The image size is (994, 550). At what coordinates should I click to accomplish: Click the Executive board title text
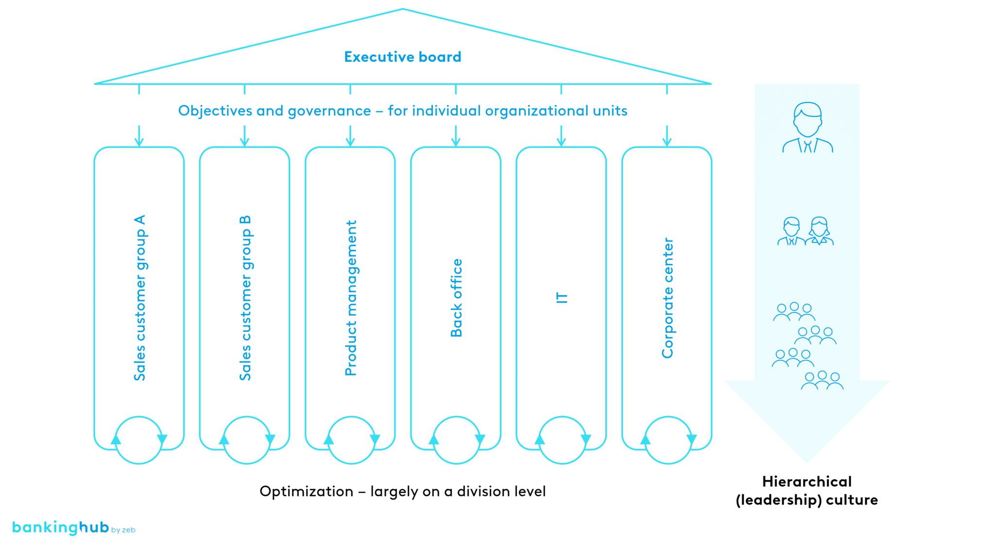tap(402, 57)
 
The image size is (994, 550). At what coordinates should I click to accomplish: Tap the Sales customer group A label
tap(140, 298)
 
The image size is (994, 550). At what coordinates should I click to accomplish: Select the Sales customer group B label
tap(246, 298)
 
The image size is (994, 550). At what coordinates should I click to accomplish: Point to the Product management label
tap(351, 298)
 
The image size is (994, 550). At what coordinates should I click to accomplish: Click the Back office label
tap(456, 298)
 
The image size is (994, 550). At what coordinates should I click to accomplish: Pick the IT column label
tap(562, 298)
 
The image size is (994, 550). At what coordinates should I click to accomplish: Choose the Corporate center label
tap(668, 298)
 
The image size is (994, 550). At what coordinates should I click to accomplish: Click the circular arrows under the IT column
tap(563, 440)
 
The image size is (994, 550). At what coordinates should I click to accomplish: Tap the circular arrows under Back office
tap(456, 440)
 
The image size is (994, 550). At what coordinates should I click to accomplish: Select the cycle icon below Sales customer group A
tap(139, 440)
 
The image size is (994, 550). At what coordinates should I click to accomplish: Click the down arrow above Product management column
tap(350, 136)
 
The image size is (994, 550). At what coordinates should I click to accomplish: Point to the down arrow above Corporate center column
tap(667, 136)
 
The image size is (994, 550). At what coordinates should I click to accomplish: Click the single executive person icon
tap(808, 128)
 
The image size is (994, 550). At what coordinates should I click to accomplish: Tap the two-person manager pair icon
tap(805, 231)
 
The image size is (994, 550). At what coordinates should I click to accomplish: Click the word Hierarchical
tap(807, 482)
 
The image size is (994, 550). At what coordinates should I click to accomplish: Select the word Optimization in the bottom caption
tap(306, 492)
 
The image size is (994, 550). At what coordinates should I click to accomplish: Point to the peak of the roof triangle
tap(403, 9)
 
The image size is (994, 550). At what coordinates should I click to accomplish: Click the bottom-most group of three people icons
tap(822, 381)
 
